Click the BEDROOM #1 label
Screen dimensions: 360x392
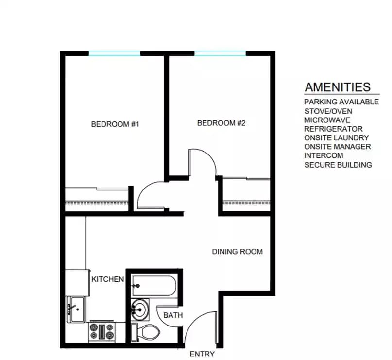115,124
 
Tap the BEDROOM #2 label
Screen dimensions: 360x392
221,123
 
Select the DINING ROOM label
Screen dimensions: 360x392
237,252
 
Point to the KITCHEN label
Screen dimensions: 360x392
108,279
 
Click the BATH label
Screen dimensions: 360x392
172,315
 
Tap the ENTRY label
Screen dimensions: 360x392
202,354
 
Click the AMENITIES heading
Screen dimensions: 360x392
338,87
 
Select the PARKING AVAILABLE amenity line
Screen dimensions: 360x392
341,102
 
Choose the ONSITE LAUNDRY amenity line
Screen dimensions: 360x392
336,138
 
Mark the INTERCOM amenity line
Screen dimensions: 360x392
324,155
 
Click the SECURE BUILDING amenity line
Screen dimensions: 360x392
338,165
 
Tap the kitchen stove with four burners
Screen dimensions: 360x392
102,332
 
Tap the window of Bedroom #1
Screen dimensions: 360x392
115,53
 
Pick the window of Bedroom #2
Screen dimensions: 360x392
220,53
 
